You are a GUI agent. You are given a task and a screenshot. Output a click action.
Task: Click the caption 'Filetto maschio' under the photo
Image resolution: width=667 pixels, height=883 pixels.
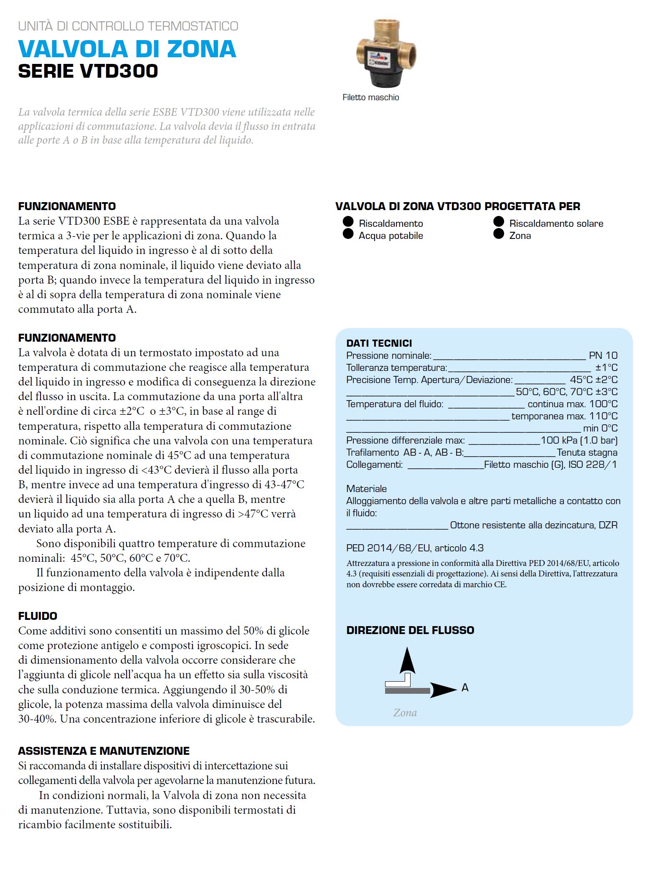click(370, 97)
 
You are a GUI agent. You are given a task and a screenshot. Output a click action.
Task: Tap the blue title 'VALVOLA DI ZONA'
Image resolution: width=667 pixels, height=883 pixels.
click(127, 49)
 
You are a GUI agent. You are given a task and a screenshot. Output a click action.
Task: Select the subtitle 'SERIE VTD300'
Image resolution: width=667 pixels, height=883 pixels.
click(88, 71)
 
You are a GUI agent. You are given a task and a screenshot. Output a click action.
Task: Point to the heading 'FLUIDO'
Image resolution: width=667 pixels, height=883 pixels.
click(38, 616)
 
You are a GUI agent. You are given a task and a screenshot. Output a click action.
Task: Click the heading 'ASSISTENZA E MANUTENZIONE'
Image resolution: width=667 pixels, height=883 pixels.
click(104, 751)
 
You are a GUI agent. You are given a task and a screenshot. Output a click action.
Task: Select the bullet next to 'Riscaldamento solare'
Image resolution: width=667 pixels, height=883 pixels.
click(499, 221)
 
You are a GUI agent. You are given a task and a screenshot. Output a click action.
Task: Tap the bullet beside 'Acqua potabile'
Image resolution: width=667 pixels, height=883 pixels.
click(348, 234)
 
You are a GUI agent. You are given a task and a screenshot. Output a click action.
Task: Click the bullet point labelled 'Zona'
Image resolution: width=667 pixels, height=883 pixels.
click(499, 234)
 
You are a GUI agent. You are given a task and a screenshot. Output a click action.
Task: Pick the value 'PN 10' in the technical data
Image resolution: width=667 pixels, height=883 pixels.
click(603, 355)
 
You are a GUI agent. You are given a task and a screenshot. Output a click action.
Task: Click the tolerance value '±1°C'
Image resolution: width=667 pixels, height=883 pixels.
click(606, 368)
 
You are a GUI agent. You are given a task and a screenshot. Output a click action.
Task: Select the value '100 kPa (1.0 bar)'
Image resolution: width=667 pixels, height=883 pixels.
click(579, 440)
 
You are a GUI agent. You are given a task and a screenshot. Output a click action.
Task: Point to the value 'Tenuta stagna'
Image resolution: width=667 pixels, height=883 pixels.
click(587, 452)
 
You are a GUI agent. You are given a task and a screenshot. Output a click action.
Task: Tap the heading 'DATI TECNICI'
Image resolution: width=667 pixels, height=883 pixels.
click(379, 343)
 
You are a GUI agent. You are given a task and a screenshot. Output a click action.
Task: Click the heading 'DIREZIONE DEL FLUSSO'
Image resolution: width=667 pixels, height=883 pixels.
click(410, 630)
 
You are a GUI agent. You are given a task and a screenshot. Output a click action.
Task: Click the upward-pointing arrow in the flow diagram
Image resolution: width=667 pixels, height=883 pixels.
click(407, 660)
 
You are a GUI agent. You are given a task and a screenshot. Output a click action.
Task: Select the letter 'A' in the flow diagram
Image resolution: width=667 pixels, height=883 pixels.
click(465, 688)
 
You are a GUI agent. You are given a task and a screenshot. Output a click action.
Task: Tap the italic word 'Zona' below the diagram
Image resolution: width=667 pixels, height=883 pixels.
click(405, 713)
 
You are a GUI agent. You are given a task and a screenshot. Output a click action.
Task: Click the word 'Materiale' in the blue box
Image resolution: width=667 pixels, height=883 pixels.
click(366, 489)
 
